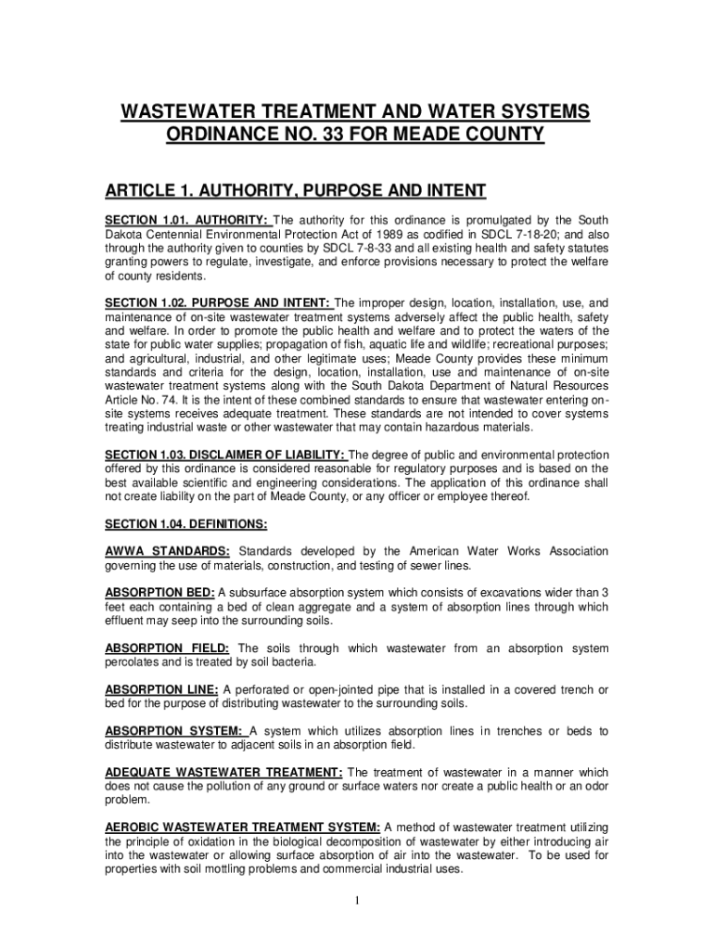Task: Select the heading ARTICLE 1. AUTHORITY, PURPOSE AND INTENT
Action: coord(295,191)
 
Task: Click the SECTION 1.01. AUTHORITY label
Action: coord(186,220)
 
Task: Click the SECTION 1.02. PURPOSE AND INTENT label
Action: coord(217,303)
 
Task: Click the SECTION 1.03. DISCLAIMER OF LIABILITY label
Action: coord(224,455)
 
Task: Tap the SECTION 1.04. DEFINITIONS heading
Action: coord(186,524)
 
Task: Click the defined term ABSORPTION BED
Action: coord(159,593)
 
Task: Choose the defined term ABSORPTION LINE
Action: coord(161,689)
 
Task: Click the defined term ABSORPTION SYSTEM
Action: coord(173,731)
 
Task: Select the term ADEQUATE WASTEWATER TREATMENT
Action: coord(223,773)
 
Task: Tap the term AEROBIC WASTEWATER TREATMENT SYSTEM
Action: coord(242,828)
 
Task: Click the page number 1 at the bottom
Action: coord(357,900)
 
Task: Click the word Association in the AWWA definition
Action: coord(573,551)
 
